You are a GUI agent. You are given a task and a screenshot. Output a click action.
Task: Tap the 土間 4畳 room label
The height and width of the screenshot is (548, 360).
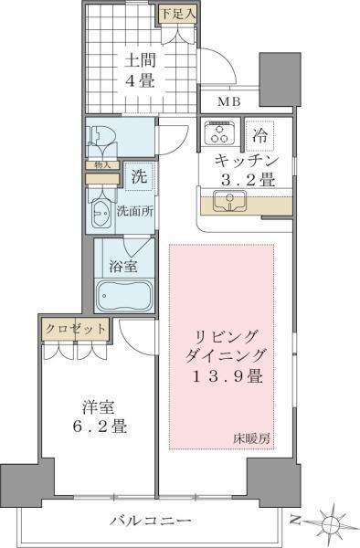click(x=140, y=70)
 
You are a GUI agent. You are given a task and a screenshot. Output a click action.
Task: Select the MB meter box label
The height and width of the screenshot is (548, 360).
click(x=229, y=102)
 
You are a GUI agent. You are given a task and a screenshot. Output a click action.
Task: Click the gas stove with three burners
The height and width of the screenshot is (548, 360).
click(x=219, y=135)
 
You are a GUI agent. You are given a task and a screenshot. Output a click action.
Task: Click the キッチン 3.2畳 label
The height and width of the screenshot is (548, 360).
click(x=244, y=171)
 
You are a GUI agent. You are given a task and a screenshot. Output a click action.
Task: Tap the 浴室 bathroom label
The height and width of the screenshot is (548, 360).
click(x=125, y=268)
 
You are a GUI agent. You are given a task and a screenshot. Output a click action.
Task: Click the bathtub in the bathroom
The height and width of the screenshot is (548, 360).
click(x=126, y=297)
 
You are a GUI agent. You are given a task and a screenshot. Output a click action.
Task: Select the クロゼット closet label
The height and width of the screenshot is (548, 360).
click(x=75, y=328)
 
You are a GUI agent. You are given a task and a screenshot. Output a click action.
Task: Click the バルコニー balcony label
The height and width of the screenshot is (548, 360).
click(x=151, y=521)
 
